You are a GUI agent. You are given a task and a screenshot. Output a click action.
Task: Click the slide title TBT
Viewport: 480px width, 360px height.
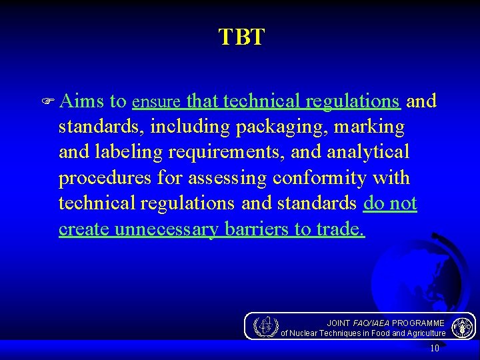241,37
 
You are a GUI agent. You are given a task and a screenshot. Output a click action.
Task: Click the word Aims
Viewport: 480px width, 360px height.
81,101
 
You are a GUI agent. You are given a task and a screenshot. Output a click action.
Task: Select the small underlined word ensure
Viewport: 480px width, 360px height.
157,103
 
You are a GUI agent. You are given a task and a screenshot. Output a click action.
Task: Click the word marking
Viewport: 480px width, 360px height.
375,127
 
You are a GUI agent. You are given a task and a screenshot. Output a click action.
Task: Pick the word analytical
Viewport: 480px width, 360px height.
368,153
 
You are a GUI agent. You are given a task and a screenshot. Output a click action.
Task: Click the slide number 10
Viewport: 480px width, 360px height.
435,347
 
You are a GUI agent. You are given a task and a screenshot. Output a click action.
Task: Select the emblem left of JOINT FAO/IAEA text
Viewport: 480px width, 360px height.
267,326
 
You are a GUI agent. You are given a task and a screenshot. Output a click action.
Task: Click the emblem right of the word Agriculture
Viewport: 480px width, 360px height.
461,327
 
